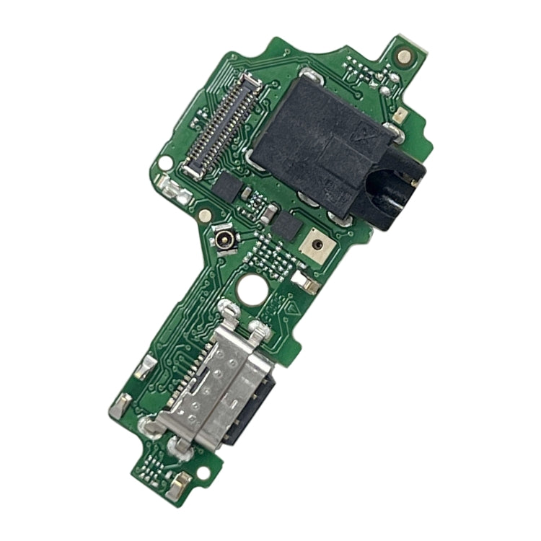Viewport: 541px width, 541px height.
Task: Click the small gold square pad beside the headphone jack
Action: tap(398, 115)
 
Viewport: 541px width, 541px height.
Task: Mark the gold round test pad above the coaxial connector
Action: tap(205, 216)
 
